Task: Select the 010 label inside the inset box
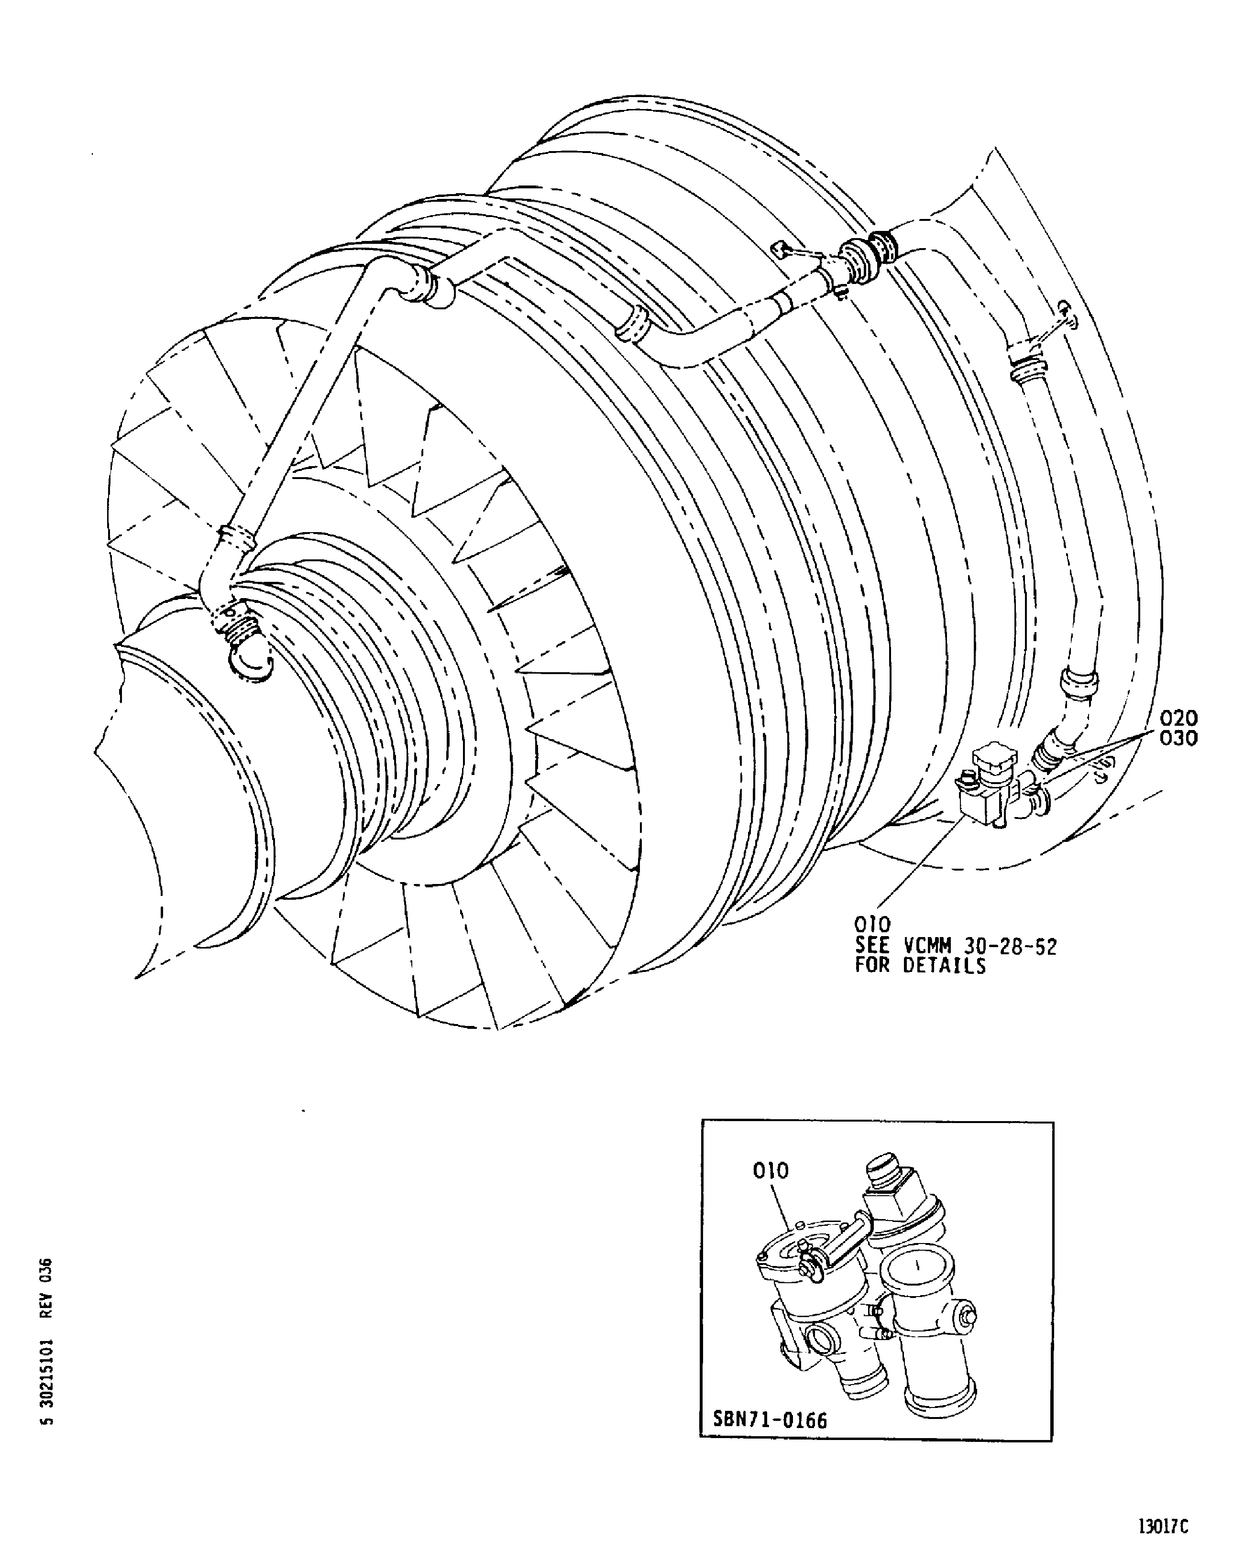[x=770, y=1170]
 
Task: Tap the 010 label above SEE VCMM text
[x=872, y=925]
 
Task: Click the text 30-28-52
[x=1011, y=946]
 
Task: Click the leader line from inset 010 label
[x=785, y=1208]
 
